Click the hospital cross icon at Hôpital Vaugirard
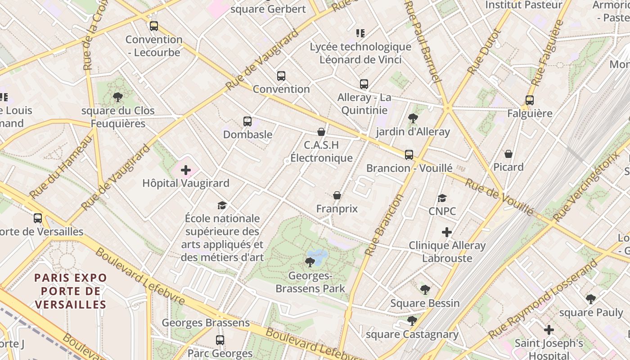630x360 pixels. pos(185,170)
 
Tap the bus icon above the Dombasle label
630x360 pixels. pos(247,121)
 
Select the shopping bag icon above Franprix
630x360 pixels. pos(337,195)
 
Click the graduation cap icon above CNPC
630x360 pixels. pos(442,198)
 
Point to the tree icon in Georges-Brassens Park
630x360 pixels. pos(310,262)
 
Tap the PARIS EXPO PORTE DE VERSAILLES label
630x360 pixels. pos(71,291)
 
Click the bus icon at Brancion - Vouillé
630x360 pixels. pos(409,155)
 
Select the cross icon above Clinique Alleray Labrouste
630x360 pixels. pos(446,232)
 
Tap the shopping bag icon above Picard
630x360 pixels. pos(508,154)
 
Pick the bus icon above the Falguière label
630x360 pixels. pos(529,100)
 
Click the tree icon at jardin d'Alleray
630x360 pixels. pos(413,118)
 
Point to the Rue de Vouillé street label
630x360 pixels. pos(499,197)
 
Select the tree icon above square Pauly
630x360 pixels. pos(590,299)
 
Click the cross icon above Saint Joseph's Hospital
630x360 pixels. pos(549,330)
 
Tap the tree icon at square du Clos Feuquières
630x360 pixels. pos(118,97)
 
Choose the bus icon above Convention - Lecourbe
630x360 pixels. pos(154,26)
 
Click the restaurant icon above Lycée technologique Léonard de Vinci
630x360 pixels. pos(360,33)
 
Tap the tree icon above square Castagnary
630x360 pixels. pos(412,320)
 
